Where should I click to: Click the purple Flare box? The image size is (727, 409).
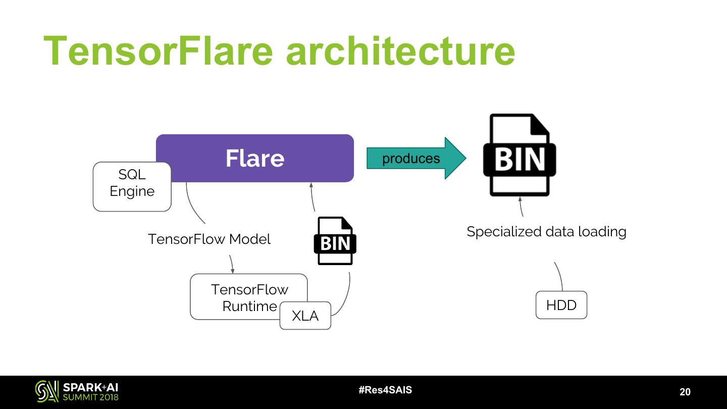pos(255,158)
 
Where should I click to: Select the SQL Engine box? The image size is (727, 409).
pos(132,186)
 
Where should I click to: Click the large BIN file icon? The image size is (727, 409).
pos(520,155)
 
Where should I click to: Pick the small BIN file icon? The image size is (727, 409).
pos(335,241)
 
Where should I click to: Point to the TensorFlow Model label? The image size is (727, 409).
pos(209,239)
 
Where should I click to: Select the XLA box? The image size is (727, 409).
pos(305,316)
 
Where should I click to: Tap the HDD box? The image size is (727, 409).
pos(561,305)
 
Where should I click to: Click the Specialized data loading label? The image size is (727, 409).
pos(546,232)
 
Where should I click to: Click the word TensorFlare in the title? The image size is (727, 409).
pos(158,50)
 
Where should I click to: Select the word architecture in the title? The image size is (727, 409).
pos(400,50)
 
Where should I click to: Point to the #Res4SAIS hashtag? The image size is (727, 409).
pos(385,390)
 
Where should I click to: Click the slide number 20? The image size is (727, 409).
pos(685,392)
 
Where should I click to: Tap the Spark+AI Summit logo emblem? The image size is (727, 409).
pos(46,391)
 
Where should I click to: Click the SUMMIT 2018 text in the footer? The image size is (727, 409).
pos(91,397)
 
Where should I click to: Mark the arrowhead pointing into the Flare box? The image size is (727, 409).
pos(311,186)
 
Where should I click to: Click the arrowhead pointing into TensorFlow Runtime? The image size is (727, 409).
pos(233,272)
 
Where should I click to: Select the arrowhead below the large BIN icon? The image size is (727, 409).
pos(520,199)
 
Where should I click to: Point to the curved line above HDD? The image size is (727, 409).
pos(559,275)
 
